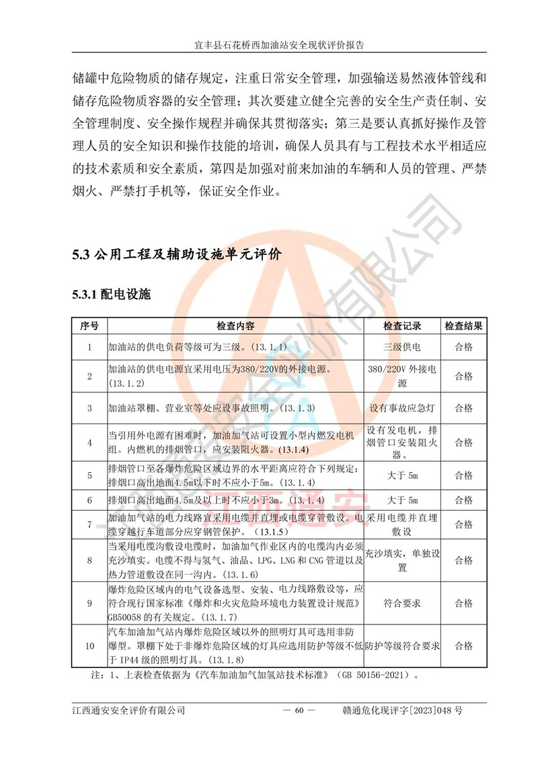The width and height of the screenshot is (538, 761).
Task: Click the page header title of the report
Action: [x=269, y=45]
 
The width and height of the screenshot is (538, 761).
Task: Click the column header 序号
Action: [x=89, y=326]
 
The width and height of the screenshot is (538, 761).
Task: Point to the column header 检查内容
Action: [x=235, y=326]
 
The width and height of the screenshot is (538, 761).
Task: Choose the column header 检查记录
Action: [x=402, y=326]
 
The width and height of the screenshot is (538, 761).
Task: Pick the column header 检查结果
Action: [x=464, y=326]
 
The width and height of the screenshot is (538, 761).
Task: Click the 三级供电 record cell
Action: [x=402, y=347]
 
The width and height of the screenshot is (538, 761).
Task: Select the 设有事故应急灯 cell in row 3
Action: [x=402, y=408]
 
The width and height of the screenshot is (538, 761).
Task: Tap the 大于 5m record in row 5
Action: [x=402, y=475]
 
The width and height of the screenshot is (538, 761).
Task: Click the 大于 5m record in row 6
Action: [x=402, y=500]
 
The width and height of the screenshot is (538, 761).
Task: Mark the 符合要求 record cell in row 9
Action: [x=402, y=604]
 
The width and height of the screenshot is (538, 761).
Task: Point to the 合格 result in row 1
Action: [x=464, y=347]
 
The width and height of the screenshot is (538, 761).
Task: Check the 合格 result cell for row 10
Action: [x=464, y=646]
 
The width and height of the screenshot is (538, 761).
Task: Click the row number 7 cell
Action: [x=89, y=524]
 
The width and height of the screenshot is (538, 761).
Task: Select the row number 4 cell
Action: [x=89, y=442]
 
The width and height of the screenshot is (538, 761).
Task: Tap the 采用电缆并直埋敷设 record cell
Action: [x=402, y=524]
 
